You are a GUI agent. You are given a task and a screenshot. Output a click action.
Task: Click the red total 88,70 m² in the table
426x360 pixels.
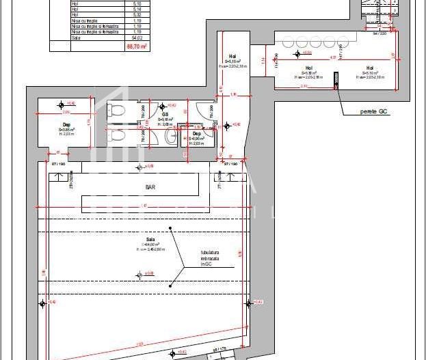tap(137, 46)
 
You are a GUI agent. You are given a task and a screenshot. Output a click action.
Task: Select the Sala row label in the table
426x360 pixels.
tap(75, 39)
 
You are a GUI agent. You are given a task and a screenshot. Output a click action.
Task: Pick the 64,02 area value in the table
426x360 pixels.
tap(137, 39)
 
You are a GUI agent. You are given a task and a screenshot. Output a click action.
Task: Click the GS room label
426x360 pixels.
tap(165, 113)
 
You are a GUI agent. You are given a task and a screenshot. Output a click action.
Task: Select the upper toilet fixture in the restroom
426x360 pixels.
tap(116, 110)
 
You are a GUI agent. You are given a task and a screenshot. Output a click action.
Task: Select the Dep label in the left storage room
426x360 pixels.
tap(66, 124)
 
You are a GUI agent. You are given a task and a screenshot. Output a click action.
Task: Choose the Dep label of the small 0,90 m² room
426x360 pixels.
tap(196, 133)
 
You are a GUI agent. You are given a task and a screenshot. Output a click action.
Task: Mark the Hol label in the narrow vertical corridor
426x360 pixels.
tap(232, 56)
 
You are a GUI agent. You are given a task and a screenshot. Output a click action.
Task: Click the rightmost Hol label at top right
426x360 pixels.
tap(370, 68)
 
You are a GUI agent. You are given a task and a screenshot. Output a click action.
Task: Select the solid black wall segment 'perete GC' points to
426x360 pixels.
tap(336, 81)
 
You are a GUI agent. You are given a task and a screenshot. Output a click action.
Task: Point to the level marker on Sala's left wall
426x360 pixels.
tap(42, 303)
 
